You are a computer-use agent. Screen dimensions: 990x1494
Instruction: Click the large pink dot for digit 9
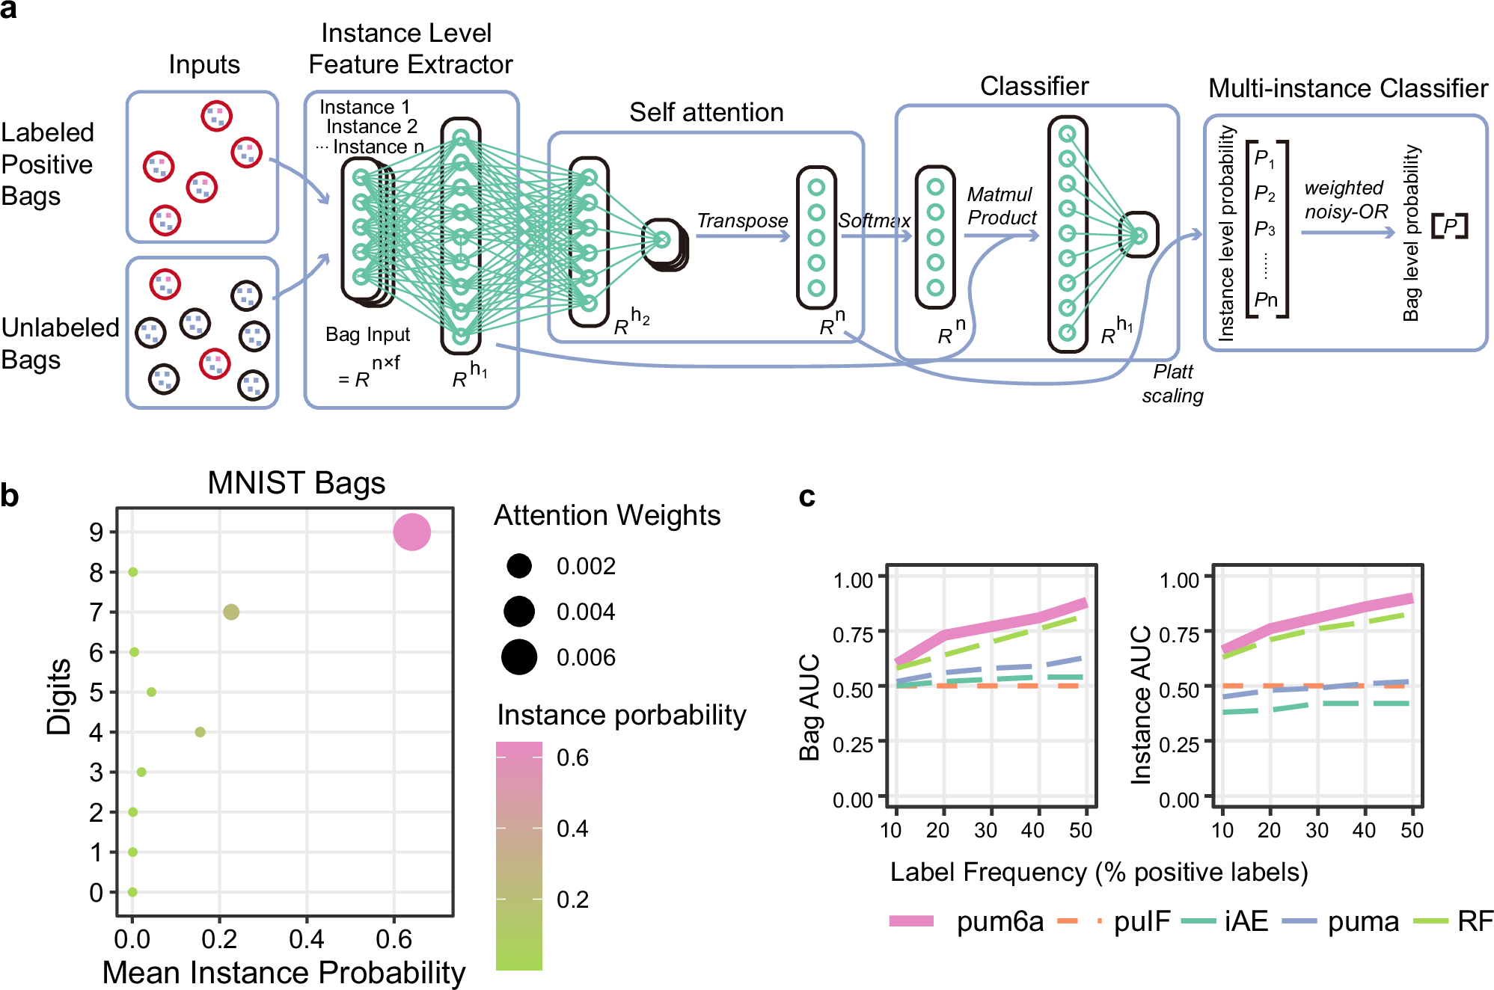click(x=411, y=532)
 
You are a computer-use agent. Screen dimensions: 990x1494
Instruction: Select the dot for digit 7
click(x=230, y=612)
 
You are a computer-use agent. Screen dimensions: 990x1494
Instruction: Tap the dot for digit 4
click(x=200, y=731)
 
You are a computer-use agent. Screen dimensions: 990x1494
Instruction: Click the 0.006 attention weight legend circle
click(x=518, y=657)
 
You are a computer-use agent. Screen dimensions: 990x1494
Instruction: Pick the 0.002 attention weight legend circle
click(x=518, y=565)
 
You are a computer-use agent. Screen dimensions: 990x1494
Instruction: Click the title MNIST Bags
click(x=296, y=483)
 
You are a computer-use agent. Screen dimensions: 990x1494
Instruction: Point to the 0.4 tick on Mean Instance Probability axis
click(x=306, y=938)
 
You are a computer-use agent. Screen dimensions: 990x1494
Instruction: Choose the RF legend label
click(x=1475, y=921)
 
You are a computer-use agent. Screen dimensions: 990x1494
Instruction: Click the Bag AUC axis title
click(x=810, y=707)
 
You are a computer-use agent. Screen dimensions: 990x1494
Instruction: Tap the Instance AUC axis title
click(x=1141, y=704)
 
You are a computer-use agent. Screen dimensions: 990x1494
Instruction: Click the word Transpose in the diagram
click(x=742, y=221)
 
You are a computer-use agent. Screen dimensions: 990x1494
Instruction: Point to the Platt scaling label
click(x=1172, y=384)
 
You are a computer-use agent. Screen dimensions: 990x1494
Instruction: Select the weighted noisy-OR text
click(x=1345, y=200)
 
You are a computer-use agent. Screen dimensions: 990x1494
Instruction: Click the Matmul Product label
click(x=1001, y=206)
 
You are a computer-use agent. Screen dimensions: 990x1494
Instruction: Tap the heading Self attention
click(x=706, y=112)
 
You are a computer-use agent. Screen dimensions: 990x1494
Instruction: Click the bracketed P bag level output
click(x=1449, y=226)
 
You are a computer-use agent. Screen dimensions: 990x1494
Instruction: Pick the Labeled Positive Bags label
click(x=47, y=165)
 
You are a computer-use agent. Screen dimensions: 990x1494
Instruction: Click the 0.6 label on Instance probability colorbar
click(x=572, y=757)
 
